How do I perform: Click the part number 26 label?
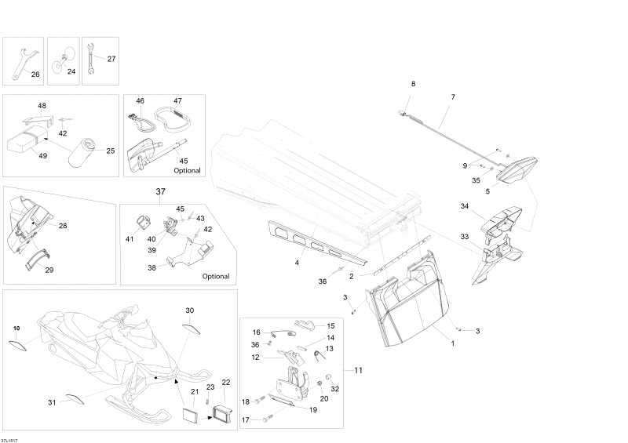click(35, 74)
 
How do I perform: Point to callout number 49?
click(42, 156)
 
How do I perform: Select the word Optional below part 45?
click(187, 170)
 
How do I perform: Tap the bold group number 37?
click(161, 192)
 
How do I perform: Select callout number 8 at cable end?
click(414, 84)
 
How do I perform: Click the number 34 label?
click(464, 207)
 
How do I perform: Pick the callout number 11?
click(358, 369)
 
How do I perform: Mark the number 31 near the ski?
click(53, 402)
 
